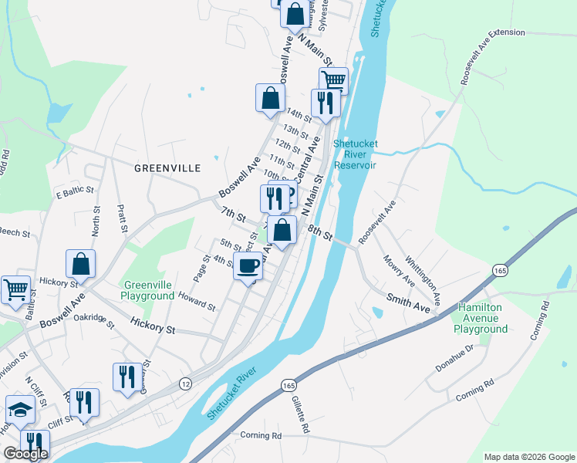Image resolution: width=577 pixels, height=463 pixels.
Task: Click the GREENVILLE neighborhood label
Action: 167,167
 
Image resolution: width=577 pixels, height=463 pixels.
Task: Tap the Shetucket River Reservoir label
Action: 355,154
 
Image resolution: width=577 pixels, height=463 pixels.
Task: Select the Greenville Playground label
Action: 147,290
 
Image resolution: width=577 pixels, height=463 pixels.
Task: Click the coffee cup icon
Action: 248,267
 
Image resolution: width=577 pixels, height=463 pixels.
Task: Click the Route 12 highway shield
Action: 186,384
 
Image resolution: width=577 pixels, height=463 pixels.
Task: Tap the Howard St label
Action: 197,300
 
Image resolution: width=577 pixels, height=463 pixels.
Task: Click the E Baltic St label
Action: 74,189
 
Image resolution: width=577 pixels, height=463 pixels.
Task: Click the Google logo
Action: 25,454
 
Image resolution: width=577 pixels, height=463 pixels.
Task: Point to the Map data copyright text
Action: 528,457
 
